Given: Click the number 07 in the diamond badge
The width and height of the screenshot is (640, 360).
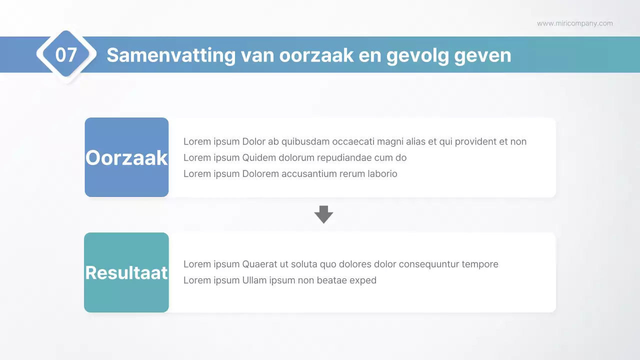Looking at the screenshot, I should point(66,54).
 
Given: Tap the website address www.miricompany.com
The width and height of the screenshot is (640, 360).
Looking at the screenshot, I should point(574,23).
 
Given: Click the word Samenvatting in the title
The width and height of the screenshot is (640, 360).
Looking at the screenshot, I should point(170,54).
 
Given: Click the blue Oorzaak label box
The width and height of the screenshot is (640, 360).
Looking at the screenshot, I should point(126,157).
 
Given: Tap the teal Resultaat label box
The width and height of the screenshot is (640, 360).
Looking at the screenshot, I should point(126,272).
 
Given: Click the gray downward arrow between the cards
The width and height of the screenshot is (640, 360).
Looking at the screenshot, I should point(323,214).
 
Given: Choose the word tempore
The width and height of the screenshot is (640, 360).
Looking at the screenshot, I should point(481,264).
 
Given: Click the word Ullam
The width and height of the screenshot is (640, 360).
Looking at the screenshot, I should point(254,280).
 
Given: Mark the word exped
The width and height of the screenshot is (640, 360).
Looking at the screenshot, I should point(363,280).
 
